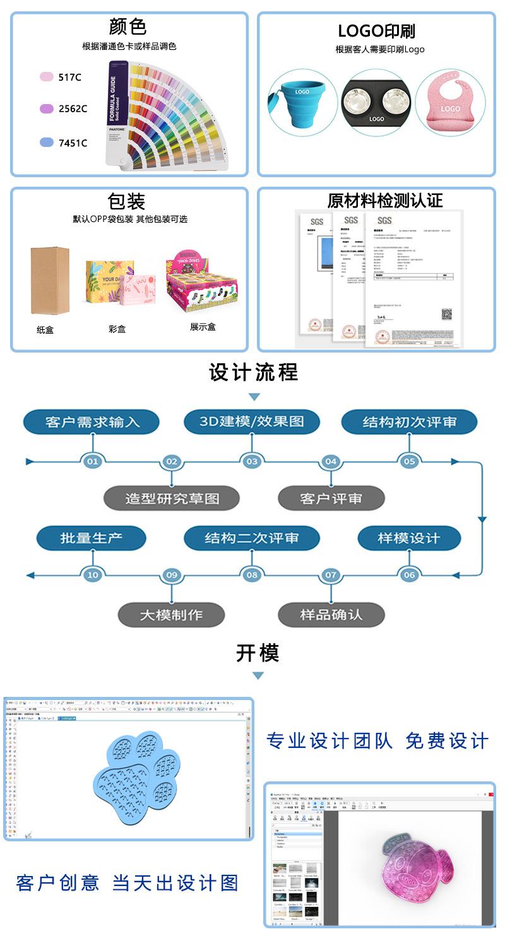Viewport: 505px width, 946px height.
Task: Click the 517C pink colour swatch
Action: coord(47,77)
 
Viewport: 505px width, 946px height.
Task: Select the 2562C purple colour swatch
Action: coord(47,108)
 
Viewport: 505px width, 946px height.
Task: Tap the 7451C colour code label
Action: coord(73,143)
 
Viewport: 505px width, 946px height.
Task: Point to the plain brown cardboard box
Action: coord(49,280)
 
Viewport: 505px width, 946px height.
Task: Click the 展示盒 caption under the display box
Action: coord(203,327)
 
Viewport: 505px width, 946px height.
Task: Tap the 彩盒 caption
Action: coord(117,329)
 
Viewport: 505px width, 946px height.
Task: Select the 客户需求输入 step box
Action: coord(92,422)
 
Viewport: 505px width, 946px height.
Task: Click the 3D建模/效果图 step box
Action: coord(252,422)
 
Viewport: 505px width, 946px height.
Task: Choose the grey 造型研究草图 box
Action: coord(172,498)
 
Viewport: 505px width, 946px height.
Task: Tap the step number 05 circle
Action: coord(410,462)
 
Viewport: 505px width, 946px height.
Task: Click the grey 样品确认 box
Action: coord(331,614)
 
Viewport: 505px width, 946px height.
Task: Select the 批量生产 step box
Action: coord(92,538)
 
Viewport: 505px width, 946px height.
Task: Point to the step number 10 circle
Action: coord(93,575)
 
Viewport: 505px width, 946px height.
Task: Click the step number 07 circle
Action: coord(331,575)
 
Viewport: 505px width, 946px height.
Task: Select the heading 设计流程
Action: coord(253,373)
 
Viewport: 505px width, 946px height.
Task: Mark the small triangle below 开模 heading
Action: coord(258,676)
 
